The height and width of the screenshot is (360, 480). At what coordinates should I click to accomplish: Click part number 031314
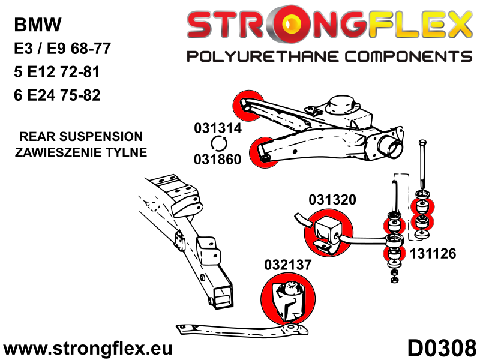point(218,128)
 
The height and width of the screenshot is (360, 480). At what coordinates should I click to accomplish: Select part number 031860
point(218,159)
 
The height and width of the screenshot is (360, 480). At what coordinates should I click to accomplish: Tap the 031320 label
point(332,200)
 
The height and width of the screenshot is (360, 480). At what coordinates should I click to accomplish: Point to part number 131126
point(433,253)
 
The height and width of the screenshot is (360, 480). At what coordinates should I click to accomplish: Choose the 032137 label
point(288,265)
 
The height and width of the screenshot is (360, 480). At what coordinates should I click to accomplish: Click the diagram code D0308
point(442,348)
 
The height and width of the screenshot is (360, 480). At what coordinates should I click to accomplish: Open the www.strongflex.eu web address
point(88,349)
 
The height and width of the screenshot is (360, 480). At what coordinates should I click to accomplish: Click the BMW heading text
point(38,25)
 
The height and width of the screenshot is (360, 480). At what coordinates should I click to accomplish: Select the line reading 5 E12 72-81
point(57,72)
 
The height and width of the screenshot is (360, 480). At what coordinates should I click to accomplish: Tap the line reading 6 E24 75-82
point(57,95)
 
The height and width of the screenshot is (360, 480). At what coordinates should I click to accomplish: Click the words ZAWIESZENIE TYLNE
point(81,152)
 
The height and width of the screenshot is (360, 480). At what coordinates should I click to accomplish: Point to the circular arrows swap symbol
point(218,144)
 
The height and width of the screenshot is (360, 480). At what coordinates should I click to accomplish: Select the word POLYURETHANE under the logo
point(262,57)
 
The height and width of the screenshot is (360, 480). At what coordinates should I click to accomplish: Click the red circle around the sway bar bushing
point(328,232)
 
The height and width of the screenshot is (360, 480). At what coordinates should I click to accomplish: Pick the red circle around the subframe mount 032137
point(288,298)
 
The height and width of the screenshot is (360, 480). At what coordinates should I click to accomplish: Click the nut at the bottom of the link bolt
point(395,279)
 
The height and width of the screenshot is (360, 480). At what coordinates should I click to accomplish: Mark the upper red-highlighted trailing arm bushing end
point(248,106)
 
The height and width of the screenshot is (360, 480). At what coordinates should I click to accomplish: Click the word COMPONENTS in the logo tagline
point(409,57)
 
